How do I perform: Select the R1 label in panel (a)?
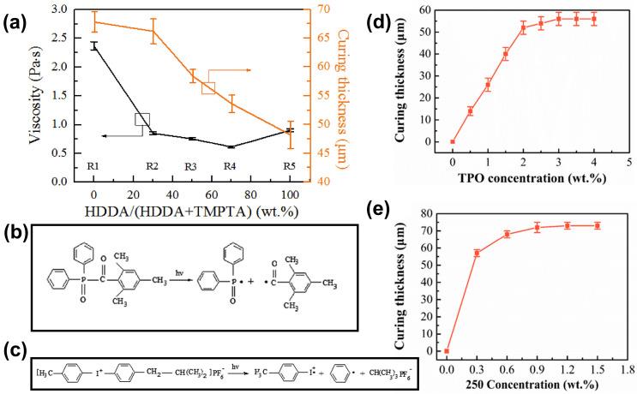coord(93,166)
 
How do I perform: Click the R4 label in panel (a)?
coord(230,166)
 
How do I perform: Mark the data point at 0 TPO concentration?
coord(453,141)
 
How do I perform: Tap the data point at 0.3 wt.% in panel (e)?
coord(477,253)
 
